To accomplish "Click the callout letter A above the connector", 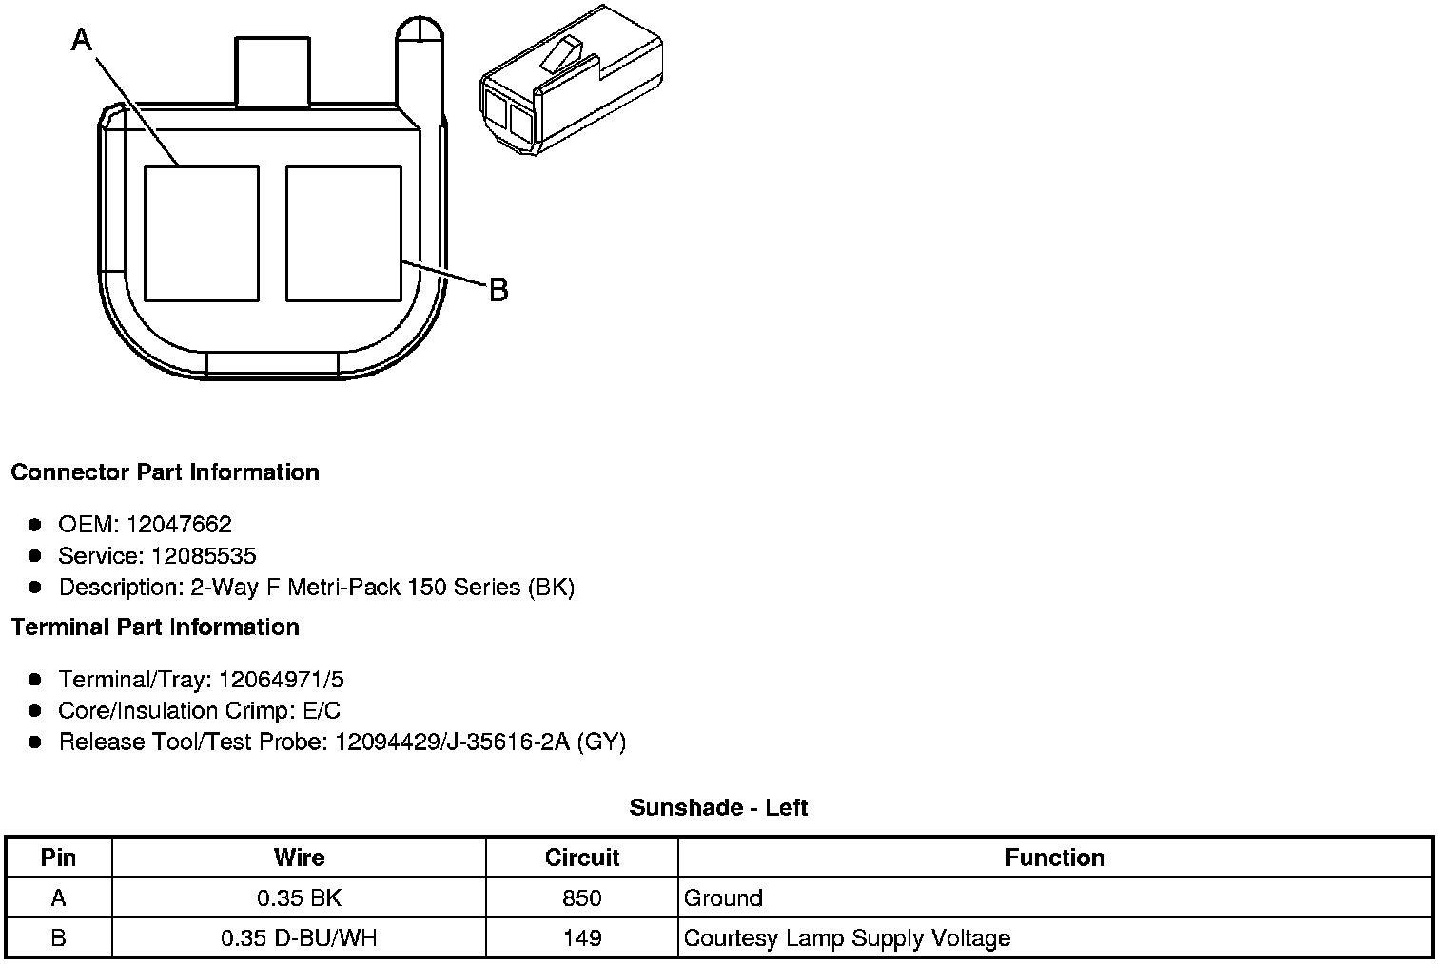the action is [x=82, y=40].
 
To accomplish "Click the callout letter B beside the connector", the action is [x=498, y=290].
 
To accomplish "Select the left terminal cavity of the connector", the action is [x=202, y=234].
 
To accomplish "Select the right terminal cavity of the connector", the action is [x=343, y=234].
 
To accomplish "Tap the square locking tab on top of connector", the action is [x=272, y=71].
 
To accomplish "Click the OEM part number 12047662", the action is [x=179, y=524].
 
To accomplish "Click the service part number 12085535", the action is [x=204, y=555].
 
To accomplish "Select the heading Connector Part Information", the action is [x=166, y=472].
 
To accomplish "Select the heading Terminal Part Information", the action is [x=156, y=627].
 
